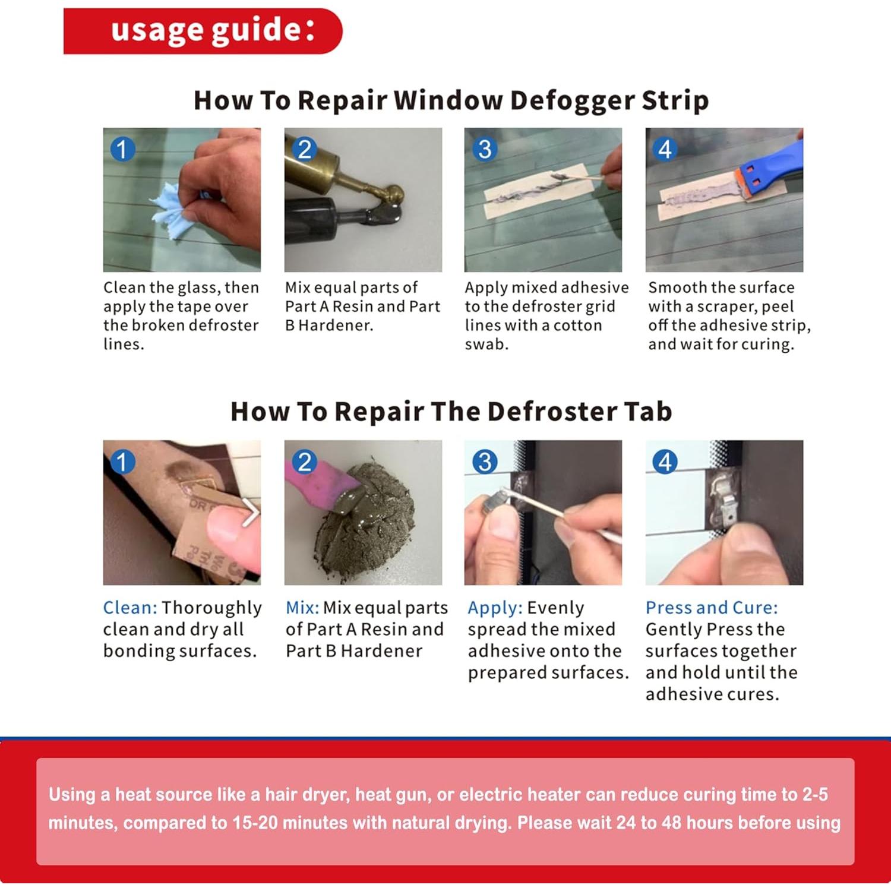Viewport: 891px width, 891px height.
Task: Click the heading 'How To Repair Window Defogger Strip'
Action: [451, 100]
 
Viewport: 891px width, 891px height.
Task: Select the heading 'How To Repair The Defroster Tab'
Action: [451, 411]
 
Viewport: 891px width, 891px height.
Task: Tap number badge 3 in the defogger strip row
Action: [485, 149]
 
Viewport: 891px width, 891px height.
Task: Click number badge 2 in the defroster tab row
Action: [305, 462]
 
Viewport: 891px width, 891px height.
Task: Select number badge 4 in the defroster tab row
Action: [665, 462]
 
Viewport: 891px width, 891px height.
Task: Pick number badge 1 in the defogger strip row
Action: [123, 149]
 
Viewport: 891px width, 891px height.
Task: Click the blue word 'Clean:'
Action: [130, 608]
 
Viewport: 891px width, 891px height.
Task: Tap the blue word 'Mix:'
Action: [302, 608]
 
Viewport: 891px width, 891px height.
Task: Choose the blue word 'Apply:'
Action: [495, 608]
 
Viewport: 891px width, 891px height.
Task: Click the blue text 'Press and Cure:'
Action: [712, 608]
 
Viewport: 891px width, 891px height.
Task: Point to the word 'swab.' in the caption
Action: [486, 344]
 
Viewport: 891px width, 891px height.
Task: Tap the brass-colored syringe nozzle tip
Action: [393, 194]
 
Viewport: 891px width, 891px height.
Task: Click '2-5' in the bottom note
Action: [815, 794]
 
